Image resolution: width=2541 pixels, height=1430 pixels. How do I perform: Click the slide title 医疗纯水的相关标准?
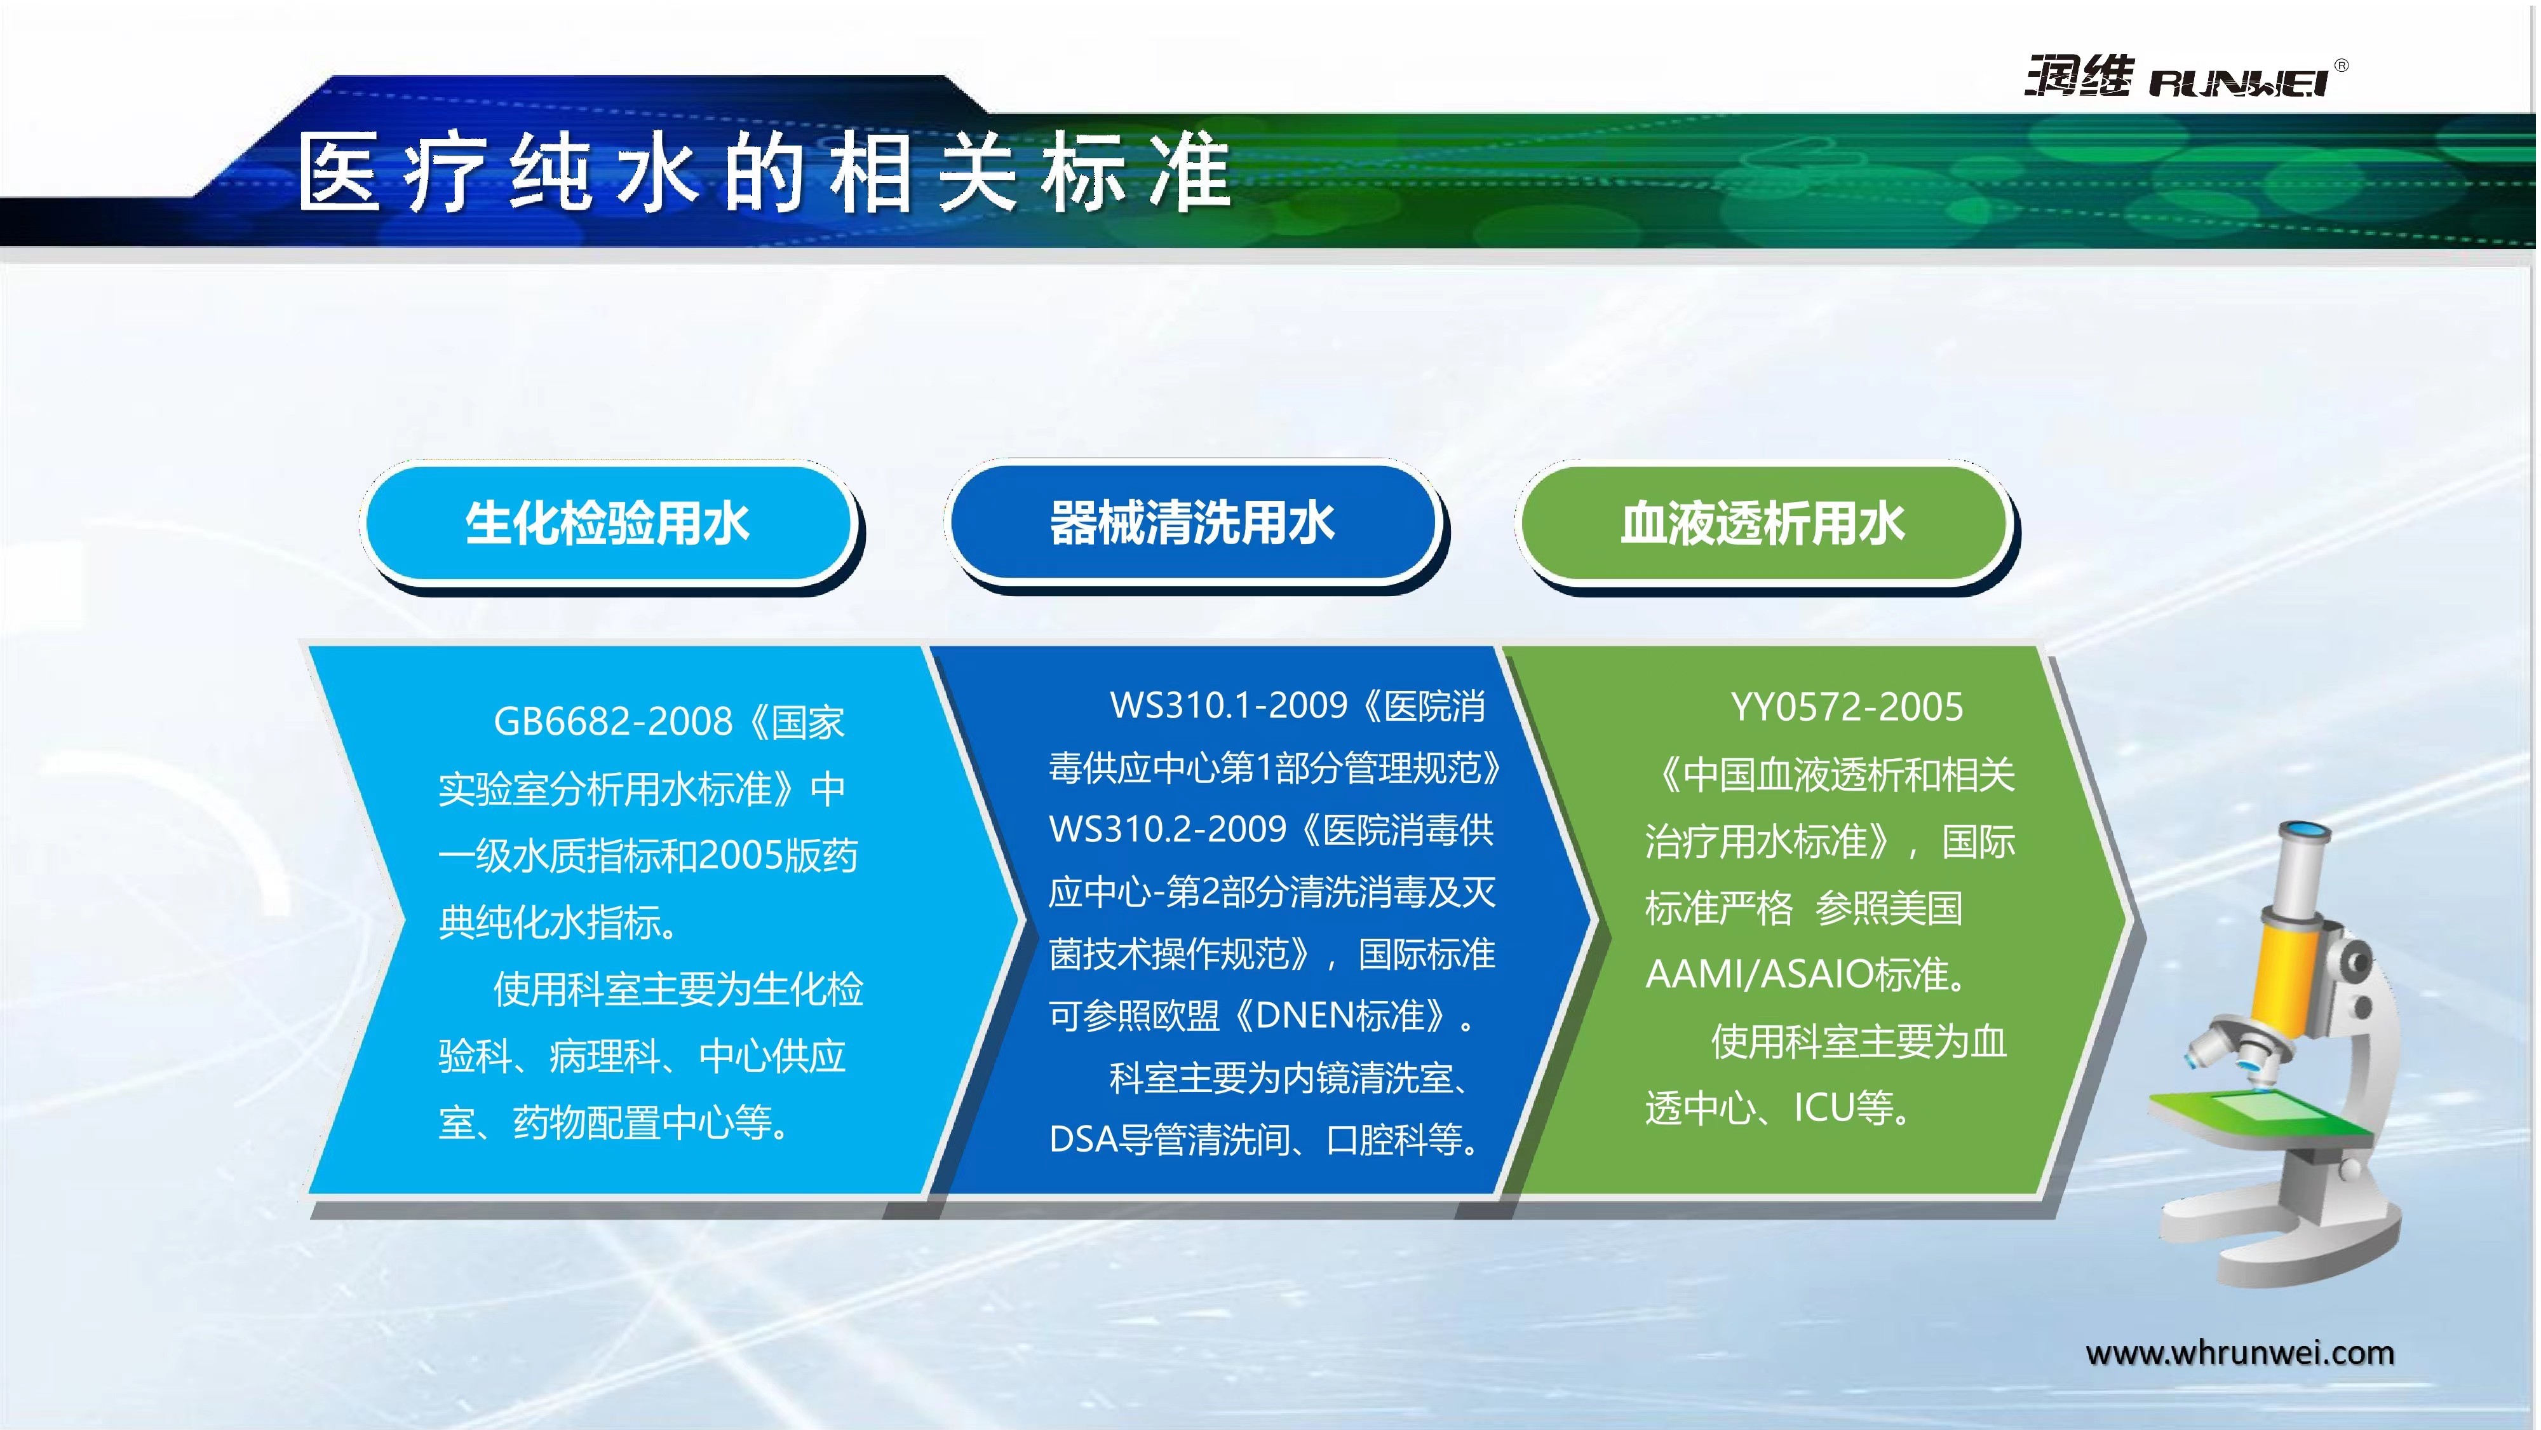[764, 173]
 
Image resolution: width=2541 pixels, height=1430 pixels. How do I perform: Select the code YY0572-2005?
[1847, 707]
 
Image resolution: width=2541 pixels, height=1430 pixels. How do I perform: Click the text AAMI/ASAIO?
[1760, 975]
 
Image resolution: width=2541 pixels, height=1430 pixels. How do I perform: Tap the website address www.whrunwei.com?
[2239, 1353]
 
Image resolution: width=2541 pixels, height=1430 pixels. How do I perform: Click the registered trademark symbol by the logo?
[2342, 65]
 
